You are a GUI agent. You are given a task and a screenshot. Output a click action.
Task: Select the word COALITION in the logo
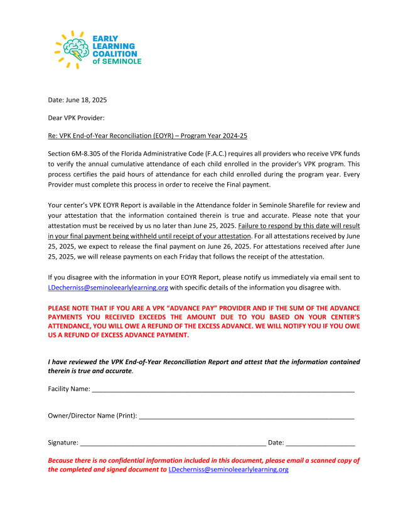115,53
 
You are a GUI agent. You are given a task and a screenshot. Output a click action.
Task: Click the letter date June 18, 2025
82,100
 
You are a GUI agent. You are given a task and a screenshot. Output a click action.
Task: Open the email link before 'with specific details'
108,288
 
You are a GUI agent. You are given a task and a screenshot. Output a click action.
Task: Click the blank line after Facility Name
223,389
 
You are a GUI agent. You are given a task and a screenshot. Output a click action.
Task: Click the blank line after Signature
173,443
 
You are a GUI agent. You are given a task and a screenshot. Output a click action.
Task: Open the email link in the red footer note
228,470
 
